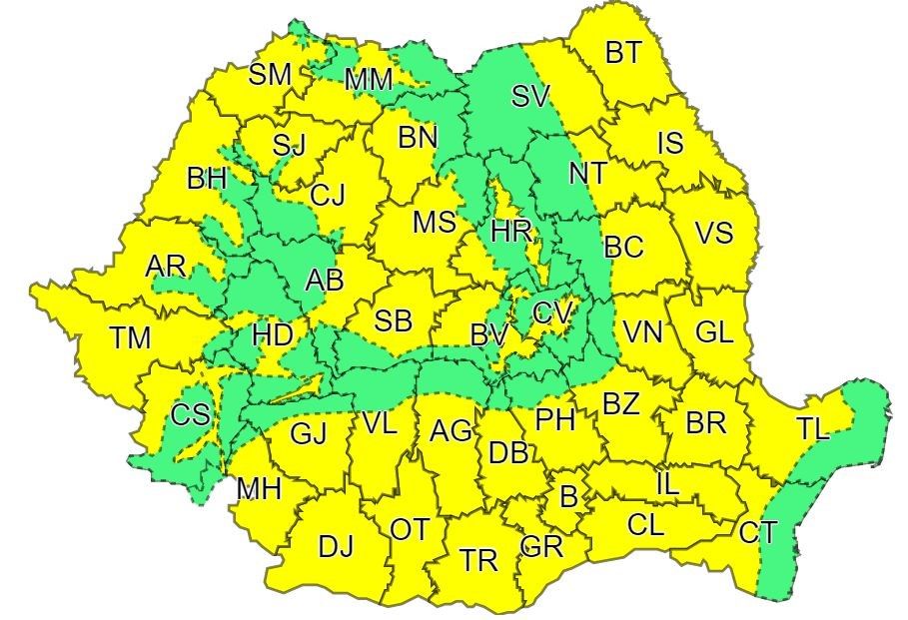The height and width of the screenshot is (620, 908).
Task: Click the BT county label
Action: click(x=623, y=52)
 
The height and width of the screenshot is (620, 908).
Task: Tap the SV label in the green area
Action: click(x=530, y=97)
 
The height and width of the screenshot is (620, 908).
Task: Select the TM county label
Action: click(x=130, y=338)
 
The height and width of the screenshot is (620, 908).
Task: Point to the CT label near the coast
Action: click(x=758, y=533)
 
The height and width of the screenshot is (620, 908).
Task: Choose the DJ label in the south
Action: click(x=336, y=546)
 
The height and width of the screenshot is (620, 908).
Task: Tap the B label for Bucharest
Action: click(x=568, y=496)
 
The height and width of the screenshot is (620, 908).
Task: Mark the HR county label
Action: click(x=510, y=231)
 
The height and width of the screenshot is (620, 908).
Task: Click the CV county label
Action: click(x=552, y=312)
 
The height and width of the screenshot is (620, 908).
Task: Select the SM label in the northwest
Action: click(x=270, y=73)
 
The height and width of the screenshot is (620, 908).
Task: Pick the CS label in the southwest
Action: click(x=190, y=414)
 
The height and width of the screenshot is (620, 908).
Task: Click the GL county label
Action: click(x=713, y=332)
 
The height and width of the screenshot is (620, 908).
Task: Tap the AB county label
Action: click(x=324, y=281)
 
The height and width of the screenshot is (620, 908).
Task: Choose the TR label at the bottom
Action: click(x=479, y=560)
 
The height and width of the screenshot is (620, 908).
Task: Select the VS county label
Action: click(x=713, y=234)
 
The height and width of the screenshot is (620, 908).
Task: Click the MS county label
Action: click(x=435, y=222)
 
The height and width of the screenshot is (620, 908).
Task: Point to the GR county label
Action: click(x=542, y=547)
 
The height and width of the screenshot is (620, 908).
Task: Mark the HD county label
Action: click(x=272, y=333)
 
